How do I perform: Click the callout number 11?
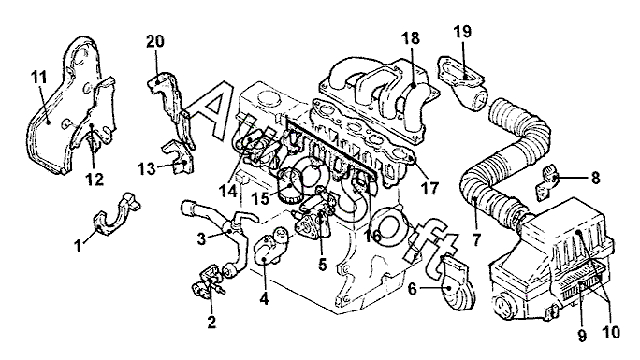tap(39, 78)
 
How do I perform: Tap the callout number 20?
tap(155, 41)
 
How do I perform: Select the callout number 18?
tap(411, 38)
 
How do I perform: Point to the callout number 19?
tap(462, 32)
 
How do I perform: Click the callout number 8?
tap(595, 178)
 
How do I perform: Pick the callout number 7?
tap(476, 239)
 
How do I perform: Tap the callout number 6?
tap(413, 290)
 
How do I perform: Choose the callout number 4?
tap(265, 299)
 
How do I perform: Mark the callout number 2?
tap(211, 322)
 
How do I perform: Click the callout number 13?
tap(147, 168)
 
